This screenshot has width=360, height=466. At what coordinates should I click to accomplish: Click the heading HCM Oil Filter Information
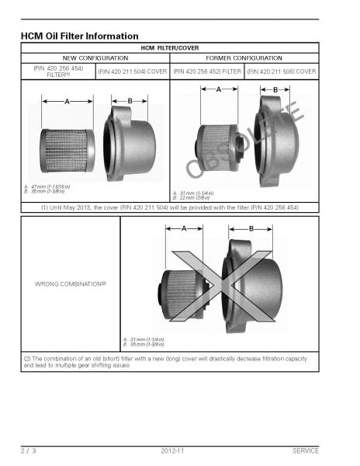(79, 36)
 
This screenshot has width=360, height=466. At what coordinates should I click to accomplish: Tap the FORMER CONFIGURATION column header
(244, 57)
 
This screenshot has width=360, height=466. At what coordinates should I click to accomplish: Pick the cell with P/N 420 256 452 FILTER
(206, 71)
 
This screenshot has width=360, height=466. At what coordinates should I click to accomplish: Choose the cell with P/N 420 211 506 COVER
(281, 71)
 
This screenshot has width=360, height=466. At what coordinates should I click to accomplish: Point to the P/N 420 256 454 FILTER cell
(57, 71)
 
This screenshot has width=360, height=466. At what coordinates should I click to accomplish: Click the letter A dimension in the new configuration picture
(67, 101)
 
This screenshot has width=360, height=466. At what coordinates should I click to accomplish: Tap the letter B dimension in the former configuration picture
(275, 90)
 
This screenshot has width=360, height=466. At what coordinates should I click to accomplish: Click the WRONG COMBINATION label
(71, 284)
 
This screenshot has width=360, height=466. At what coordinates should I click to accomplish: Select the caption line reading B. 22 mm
(192, 196)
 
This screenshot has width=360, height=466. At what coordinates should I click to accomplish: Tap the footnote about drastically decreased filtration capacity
(167, 361)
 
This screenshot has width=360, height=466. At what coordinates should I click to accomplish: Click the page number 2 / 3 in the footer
(28, 450)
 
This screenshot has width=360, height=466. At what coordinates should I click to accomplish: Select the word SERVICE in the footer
(305, 450)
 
